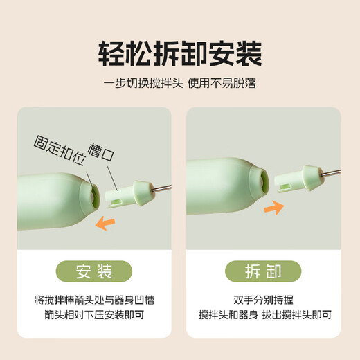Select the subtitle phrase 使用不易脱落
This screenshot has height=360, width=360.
tap(219, 84)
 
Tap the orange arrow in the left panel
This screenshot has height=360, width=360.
tap(105, 223)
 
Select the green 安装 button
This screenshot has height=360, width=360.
tap(94, 271)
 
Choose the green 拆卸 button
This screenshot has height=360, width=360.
tap(265, 271)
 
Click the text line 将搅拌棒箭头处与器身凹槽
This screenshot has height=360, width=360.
tap(93, 300)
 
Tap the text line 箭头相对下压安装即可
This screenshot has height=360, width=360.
tap(93, 316)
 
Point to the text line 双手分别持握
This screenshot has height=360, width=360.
tap(265, 300)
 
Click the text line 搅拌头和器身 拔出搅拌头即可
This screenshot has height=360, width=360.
tap(265, 316)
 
